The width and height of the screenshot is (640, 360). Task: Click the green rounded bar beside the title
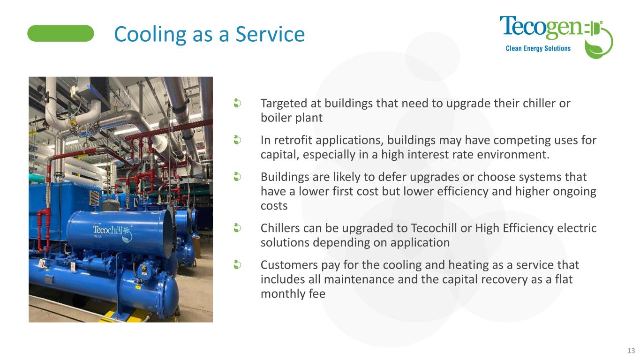[x=60, y=33]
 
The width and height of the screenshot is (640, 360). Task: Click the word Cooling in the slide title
[x=151, y=34]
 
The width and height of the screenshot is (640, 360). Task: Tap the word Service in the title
[x=270, y=34]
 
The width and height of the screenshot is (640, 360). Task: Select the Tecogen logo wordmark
[x=542, y=27]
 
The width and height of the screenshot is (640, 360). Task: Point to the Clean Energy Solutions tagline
[x=538, y=48]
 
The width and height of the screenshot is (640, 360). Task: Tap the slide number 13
[x=631, y=351]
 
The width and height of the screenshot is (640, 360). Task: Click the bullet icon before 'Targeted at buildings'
[x=237, y=103]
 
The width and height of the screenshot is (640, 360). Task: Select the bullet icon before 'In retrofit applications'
[x=237, y=140]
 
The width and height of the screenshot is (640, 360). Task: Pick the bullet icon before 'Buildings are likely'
[x=237, y=177]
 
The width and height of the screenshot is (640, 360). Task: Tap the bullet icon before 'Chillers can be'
[x=237, y=228]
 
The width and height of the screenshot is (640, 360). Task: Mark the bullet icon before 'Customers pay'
[x=237, y=264]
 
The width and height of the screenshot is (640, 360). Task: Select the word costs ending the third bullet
[x=274, y=206]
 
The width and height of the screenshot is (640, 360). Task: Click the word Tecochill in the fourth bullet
[x=439, y=228]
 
